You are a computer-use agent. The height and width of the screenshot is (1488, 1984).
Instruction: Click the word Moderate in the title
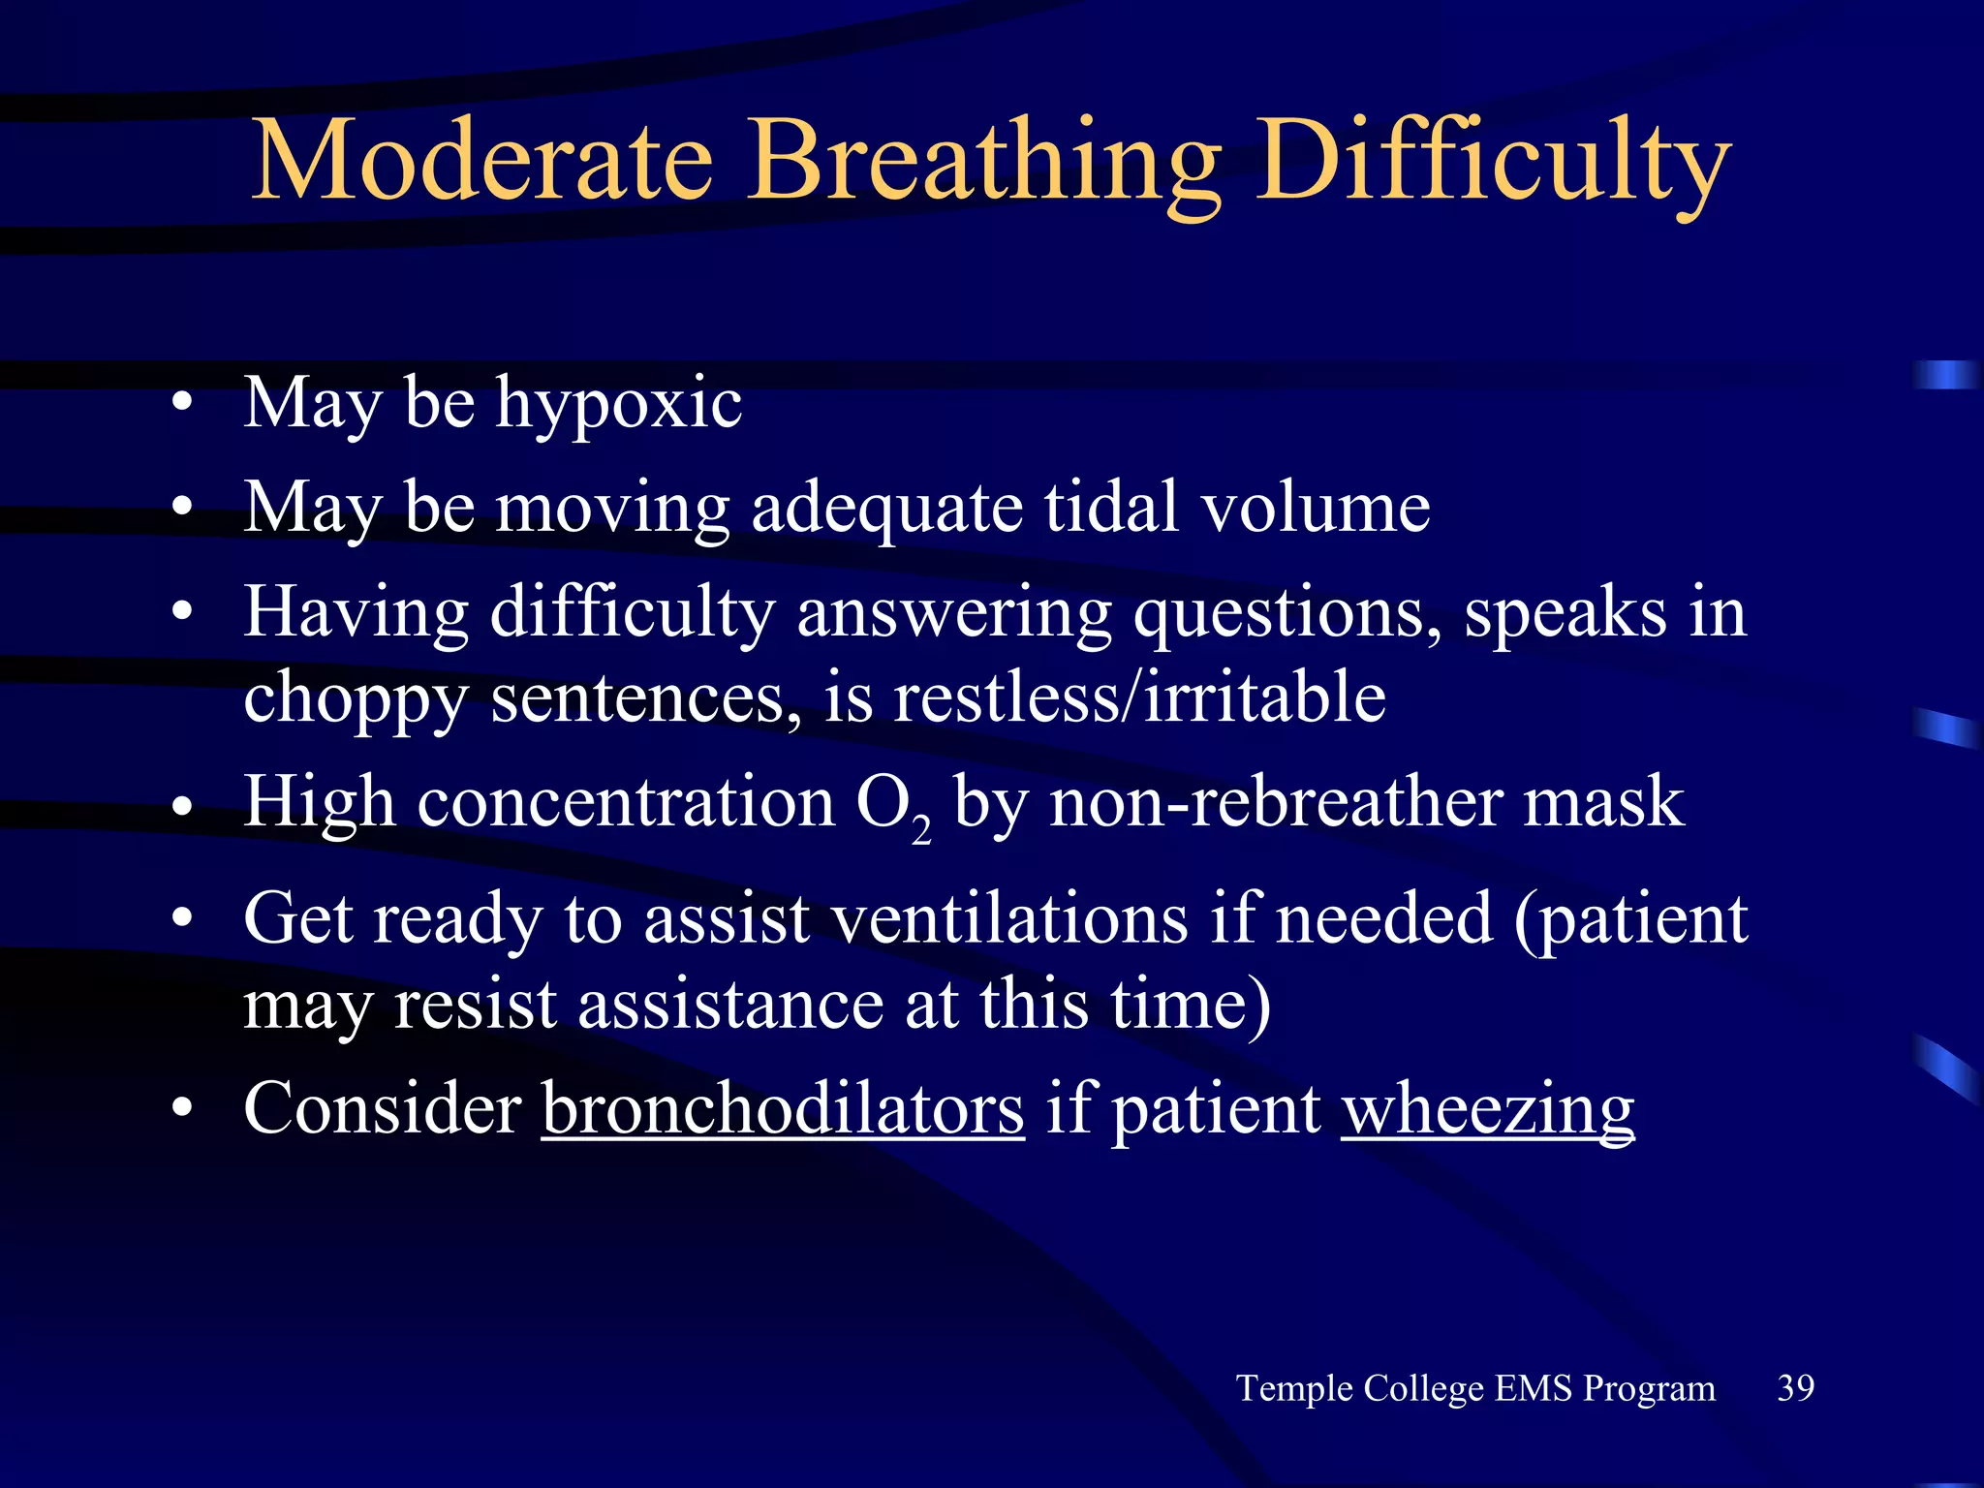pos(481,161)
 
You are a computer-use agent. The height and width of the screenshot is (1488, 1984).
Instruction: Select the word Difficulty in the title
pos(1493,161)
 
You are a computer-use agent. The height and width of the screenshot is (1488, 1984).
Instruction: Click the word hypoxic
pos(619,404)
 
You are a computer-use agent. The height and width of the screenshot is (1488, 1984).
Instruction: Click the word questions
pos(1286,613)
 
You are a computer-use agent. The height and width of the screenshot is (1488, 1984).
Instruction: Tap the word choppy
pos(356,699)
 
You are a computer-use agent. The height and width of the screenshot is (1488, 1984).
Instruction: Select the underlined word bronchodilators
pos(783,1108)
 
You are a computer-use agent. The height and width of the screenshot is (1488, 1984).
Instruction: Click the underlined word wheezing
pos(1488,1110)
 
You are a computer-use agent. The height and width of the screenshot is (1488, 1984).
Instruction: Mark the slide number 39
pos(1795,1387)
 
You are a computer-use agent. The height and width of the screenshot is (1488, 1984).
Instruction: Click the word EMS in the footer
pos(1533,1387)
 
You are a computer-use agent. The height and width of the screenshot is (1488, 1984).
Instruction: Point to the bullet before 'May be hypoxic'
pos(181,404)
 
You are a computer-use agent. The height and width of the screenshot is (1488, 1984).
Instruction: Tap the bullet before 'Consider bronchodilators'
pos(181,1109)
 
